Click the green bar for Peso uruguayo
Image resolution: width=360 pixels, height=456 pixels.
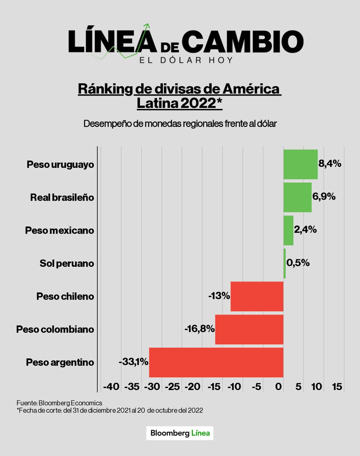tap(300, 164)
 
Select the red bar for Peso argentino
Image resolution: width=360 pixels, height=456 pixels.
tap(216, 362)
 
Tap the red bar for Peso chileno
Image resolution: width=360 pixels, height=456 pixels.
tap(257, 296)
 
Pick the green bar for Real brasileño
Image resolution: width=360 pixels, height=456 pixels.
tap(297, 197)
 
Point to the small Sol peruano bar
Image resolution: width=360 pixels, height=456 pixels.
tap(284, 263)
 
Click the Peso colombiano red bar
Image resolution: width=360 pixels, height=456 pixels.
tap(249, 329)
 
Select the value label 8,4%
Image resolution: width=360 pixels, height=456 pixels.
tap(330, 164)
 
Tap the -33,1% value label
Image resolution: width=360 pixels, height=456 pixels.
tap(134, 362)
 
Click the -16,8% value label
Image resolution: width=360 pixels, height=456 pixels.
tap(200, 329)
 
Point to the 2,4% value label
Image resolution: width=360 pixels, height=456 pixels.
tap(305, 229)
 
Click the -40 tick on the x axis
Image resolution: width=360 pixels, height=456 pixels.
tap(111, 387)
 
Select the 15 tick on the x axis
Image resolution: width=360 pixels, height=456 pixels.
tap(337, 387)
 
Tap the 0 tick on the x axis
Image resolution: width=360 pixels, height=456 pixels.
tap(279, 387)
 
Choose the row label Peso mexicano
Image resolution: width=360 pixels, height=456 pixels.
tap(59, 231)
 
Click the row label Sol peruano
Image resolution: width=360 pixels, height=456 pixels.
tap(67, 264)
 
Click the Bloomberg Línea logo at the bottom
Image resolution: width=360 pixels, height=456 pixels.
tap(180, 433)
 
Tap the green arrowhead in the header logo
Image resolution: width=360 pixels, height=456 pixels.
tap(147, 26)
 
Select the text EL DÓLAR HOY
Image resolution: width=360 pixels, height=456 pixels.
tap(186, 60)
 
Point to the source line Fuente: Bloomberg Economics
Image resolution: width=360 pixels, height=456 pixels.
tap(59, 403)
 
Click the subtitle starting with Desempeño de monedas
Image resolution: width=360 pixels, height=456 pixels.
tap(180, 124)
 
